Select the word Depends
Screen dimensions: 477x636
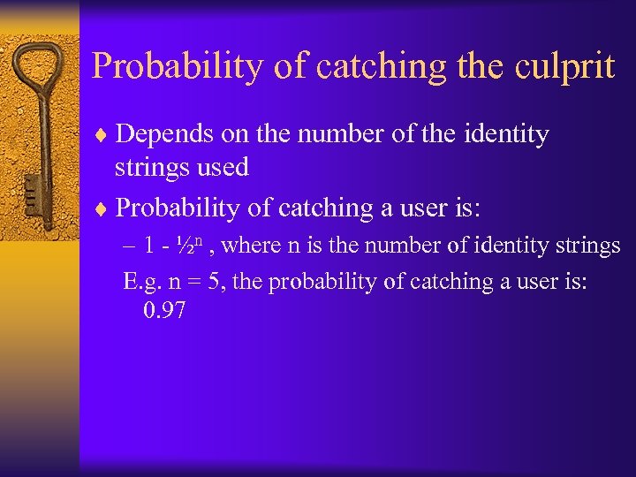162,134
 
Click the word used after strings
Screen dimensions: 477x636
224,167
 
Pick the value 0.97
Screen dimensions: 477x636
163,310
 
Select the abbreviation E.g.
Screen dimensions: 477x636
140,282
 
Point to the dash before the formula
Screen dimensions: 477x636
129,246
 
